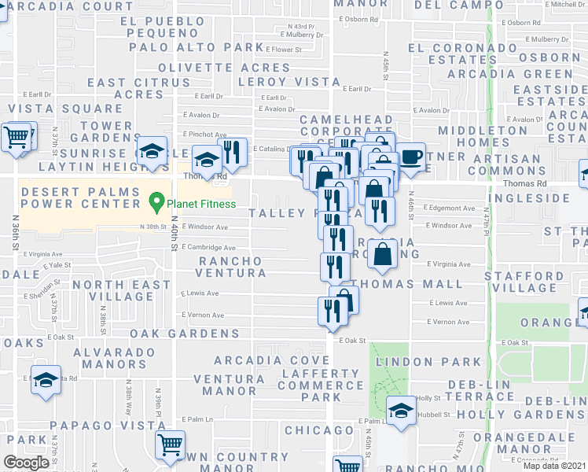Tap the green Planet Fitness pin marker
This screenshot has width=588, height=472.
pyautogui.click(x=157, y=203)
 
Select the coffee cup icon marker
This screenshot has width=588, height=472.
pyautogui.click(x=410, y=157)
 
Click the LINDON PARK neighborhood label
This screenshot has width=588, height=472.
pyautogui.click(x=428, y=362)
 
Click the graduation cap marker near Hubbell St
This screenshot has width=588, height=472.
pyautogui.click(x=401, y=411)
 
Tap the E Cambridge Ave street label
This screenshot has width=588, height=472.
pyautogui.click(x=207, y=247)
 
